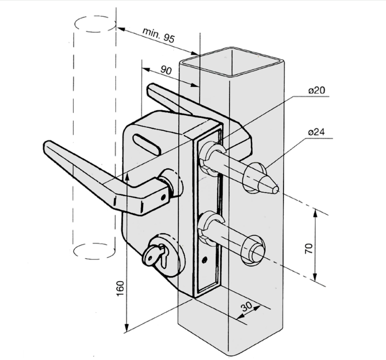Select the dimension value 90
point(166,70)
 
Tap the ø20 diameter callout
point(317,90)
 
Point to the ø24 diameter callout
point(317,132)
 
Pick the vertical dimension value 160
point(121,289)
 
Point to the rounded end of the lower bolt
point(259,251)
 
